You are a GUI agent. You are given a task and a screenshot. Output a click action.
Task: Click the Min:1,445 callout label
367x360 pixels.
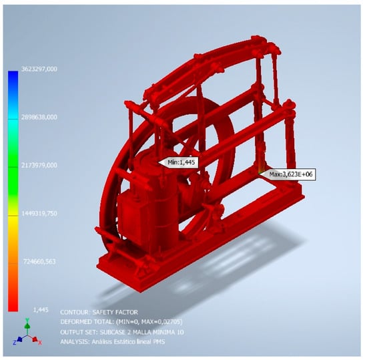coord(181,162)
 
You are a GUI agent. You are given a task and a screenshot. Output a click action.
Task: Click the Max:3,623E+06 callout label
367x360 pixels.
coord(291,174)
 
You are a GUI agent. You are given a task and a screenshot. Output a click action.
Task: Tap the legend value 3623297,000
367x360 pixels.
coord(39,69)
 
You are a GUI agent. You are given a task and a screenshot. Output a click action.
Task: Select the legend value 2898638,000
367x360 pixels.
coord(39,117)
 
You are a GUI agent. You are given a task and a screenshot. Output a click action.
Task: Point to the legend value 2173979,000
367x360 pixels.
coord(39,166)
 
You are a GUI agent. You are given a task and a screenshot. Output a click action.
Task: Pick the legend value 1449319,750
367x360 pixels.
coord(39,213)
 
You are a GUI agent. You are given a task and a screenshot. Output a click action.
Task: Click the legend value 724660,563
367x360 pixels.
coord(39,261)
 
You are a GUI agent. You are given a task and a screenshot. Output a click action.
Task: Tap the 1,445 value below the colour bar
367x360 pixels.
coord(41,310)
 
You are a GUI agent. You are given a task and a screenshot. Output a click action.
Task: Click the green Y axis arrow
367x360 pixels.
coord(27,325)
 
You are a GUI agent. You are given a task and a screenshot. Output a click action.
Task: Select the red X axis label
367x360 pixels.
coord(40,343)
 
